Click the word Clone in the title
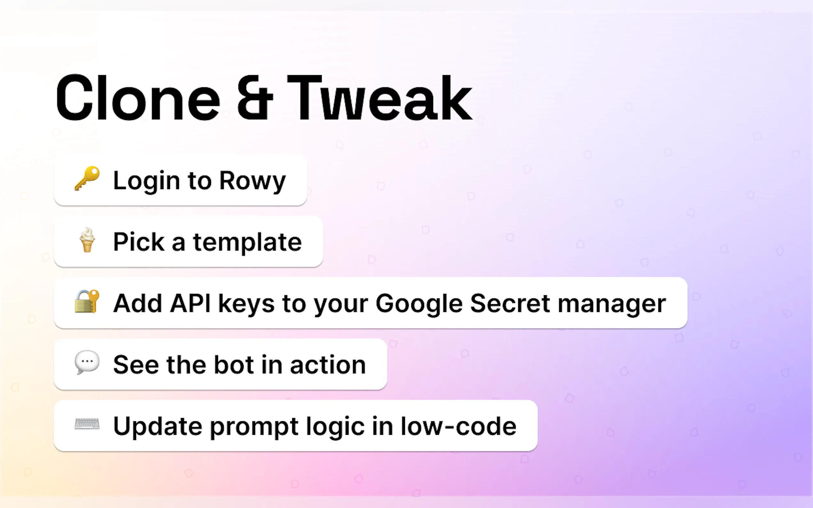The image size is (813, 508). click(138, 98)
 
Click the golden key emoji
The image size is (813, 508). click(87, 179)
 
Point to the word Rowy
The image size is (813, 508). click(253, 181)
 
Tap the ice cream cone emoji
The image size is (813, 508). click(87, 240)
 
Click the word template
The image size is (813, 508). click(247, 242)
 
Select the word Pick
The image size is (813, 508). click(139, 242)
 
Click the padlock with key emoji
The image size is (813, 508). click(87, 301)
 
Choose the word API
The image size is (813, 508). click(190, 303)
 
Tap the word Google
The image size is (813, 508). click(419, 304)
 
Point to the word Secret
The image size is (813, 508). click(510, 303)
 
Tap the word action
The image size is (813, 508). click(328, 365)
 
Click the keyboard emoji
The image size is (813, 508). click(87, 424)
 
